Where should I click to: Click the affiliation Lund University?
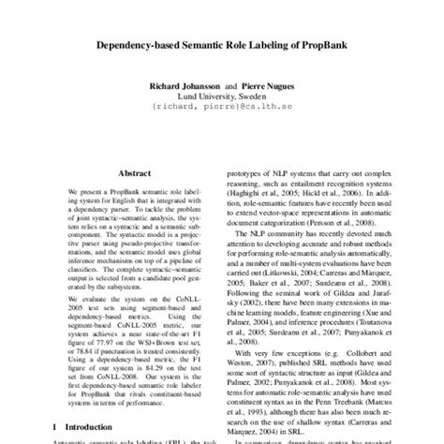point(202,96)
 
